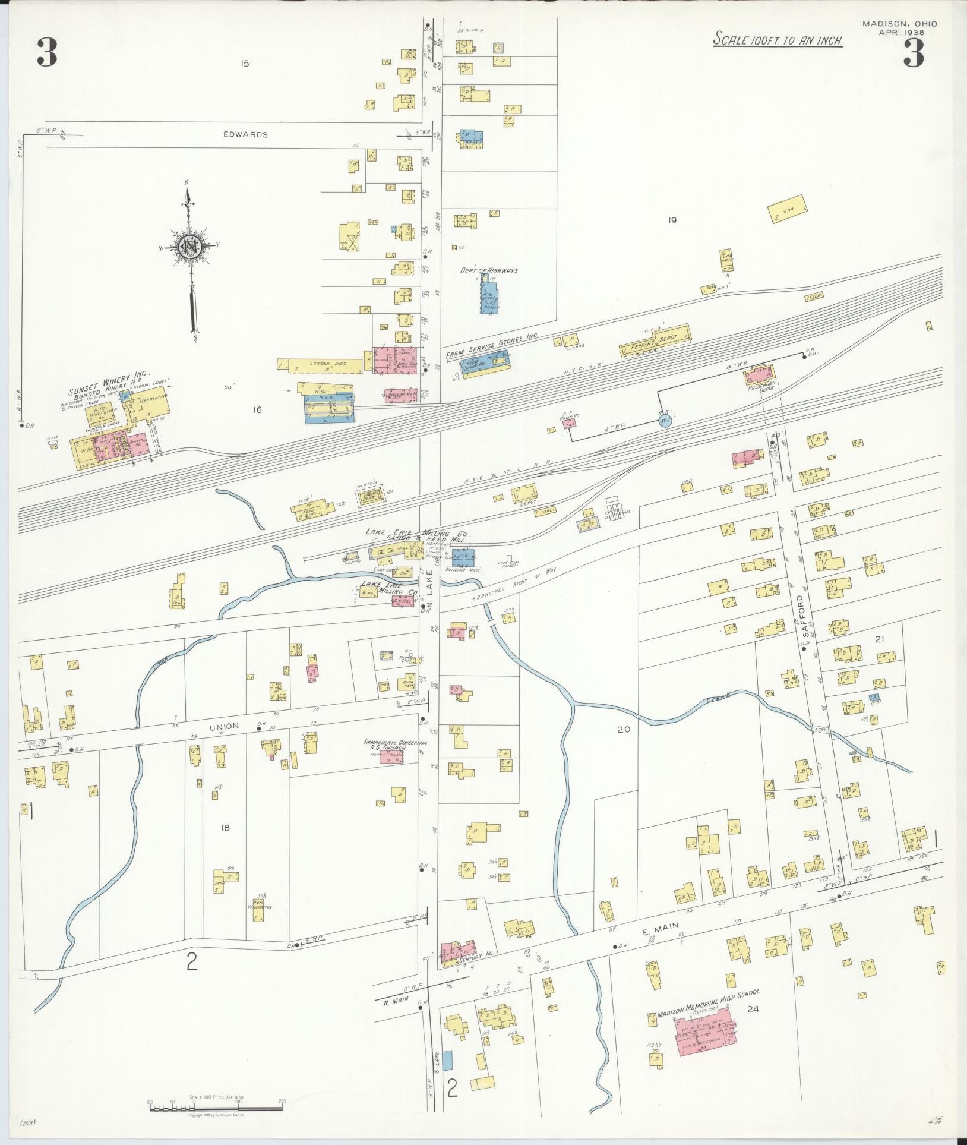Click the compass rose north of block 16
[x=190, y=246]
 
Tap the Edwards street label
[x=245, y=134]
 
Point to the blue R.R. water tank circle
[x=665, y=421]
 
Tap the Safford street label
[x=801, y=611]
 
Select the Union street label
[x=224, y=726]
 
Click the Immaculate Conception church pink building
[x=391, y=756]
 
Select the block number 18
[x=225, y=828]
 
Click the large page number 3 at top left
[x=47, y=52]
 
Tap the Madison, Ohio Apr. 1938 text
[x=900, y=28]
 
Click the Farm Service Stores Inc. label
[x=492, y=346]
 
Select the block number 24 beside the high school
[x=753, y=1008]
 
